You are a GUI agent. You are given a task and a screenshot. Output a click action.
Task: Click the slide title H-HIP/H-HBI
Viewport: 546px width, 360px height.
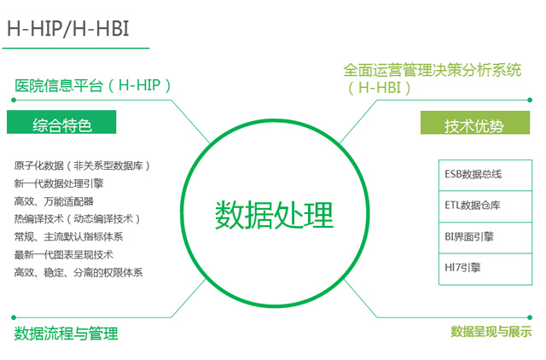coord(68,28)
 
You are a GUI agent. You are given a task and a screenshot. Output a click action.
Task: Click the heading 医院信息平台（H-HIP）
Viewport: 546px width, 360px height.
coord(93,85)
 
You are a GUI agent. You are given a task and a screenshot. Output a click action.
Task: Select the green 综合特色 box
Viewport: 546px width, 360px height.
coord(61,122)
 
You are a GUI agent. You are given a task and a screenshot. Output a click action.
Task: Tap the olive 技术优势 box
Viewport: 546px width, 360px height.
coord(475,123)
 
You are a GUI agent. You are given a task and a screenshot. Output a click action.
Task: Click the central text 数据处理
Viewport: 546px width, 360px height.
coord(275,215)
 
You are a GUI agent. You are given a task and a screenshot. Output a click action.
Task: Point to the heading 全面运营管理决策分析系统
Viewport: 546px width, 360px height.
coord(433,70)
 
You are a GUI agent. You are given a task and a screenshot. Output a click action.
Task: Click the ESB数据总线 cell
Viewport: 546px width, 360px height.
coord(485,175)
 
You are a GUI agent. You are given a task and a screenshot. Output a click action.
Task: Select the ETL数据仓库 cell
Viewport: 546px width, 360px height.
coord(485,206)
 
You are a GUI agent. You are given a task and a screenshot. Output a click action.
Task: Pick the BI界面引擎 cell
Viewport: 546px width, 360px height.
coord(485,238)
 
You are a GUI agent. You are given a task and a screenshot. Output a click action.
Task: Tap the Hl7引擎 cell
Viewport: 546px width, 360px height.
coord(485,269)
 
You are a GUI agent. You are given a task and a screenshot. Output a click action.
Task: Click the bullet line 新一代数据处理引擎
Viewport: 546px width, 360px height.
coord(59,183)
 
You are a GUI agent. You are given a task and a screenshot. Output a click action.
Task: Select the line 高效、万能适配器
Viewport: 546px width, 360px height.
coord(54,201)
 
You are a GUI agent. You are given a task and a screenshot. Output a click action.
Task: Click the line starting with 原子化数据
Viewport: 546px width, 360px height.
coord(82,165)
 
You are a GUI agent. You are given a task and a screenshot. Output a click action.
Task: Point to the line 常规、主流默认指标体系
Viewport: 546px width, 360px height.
coord(68,237)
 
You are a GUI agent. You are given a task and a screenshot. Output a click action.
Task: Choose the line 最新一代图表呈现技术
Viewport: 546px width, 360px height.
coord(64,254)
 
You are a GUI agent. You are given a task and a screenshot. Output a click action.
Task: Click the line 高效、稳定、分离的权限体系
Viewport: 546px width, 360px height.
coord(78,272)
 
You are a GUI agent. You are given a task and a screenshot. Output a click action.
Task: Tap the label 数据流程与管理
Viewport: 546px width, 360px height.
coord(67,334)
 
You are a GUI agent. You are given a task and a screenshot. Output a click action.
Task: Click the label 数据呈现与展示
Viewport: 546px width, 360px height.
coord(491,332)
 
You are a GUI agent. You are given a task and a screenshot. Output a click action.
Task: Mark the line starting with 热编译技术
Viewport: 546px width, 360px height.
coord(77,219)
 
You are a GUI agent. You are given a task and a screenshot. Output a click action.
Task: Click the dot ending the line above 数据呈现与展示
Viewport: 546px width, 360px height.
coord(530,317)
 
